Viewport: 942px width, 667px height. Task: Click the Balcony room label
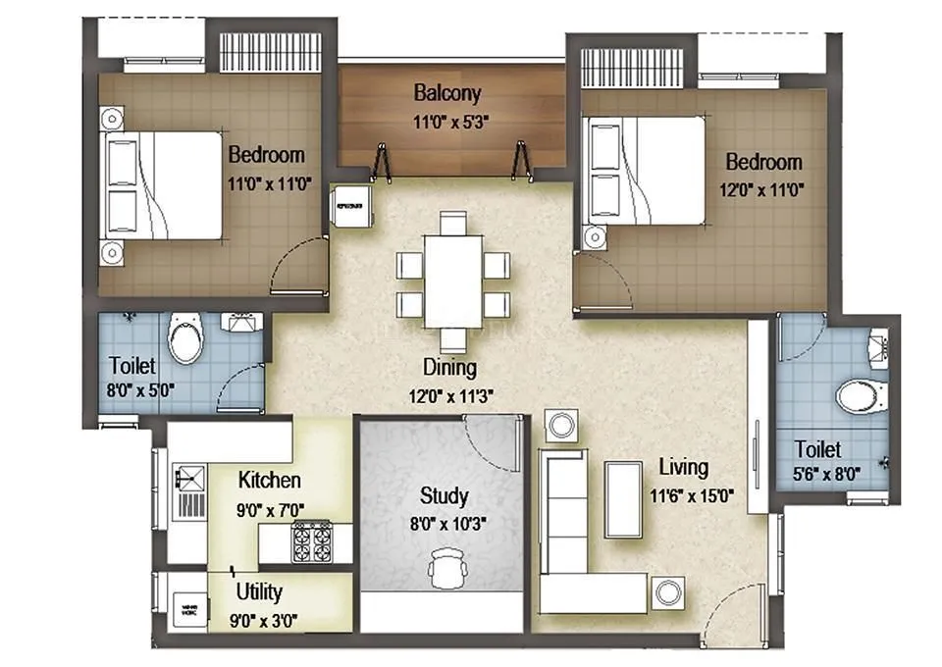447,93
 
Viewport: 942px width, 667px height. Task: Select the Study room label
444,495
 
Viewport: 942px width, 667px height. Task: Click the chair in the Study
448,568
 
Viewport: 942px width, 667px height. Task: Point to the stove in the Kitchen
311,539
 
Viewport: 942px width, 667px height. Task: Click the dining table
452,281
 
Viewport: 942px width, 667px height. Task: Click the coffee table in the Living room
622,498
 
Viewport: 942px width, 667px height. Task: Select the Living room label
684,467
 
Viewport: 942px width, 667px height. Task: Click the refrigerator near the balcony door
352,207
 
